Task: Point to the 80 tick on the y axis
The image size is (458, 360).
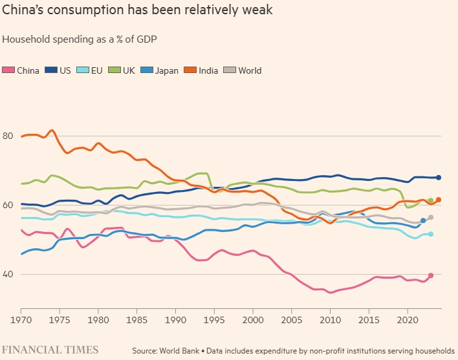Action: point(8,136)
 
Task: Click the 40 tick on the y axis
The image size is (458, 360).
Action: point(8,274)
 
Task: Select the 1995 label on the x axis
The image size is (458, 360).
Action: point(214,319)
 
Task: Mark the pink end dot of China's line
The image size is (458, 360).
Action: point(431,276)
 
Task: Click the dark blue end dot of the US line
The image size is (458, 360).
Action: point(439,177)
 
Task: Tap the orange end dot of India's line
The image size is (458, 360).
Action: point(439,200)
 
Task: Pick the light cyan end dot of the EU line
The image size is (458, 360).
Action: point(431,234)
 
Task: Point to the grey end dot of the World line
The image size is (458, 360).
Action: point(431,217)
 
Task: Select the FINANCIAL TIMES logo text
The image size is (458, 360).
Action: point(50,350)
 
